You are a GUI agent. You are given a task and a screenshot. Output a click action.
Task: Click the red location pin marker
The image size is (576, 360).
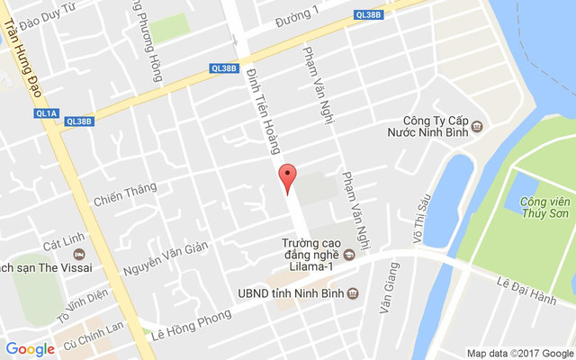click(x=287, y=178)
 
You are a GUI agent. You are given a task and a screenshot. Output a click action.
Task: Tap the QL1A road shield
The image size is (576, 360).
click(x=46, y=113)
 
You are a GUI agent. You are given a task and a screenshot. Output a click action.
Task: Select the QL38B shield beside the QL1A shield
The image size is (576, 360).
click(x=79, y=121)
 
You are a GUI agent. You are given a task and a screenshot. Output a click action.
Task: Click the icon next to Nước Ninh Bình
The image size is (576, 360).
click(x=477, y=127)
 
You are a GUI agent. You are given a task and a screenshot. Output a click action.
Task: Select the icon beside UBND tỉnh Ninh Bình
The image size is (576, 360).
click(x=353, y=293)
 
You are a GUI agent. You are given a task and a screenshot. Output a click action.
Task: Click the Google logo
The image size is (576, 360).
click(x=31, y=349)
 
